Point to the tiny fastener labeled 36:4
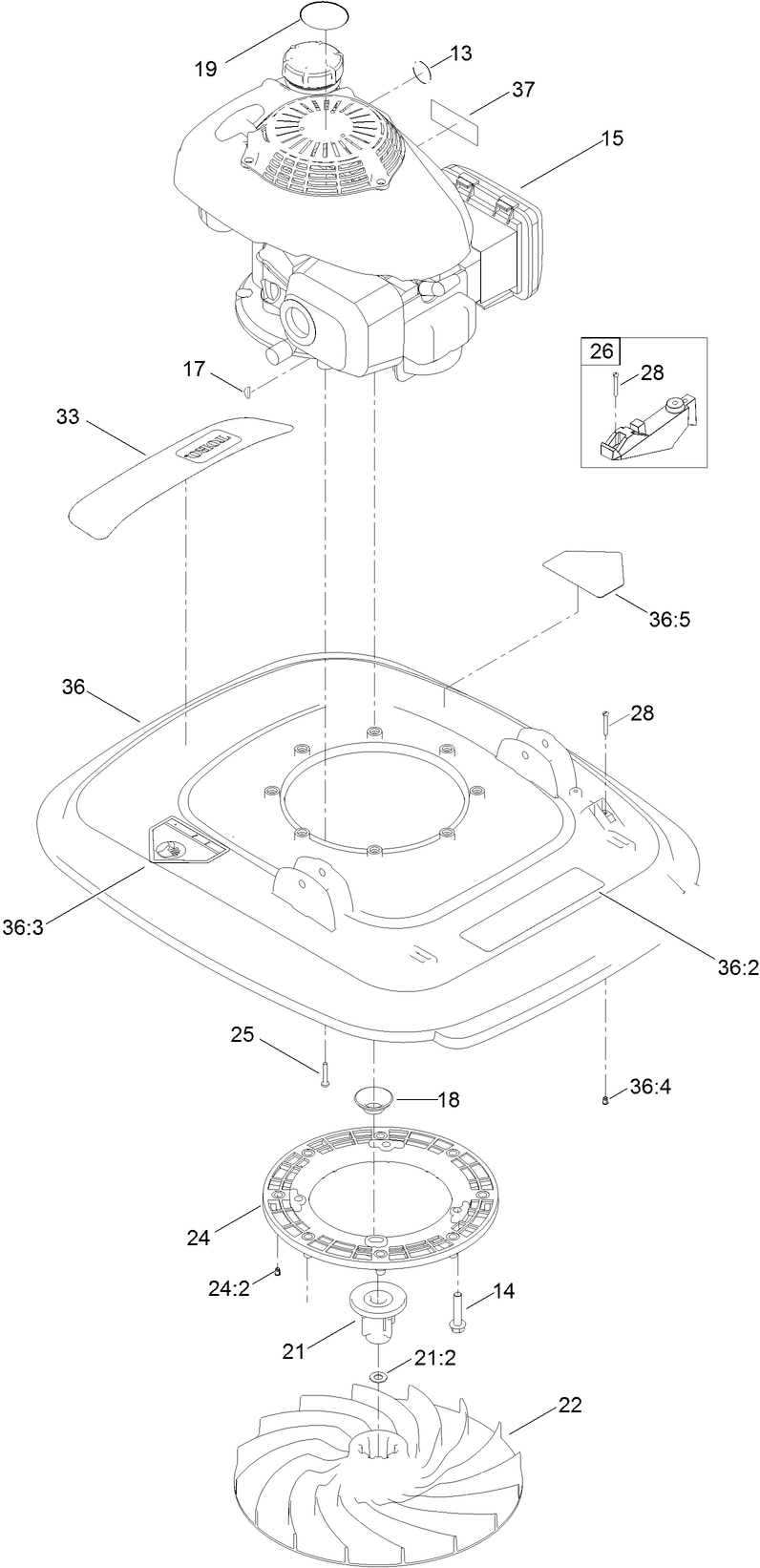click(606, 1102)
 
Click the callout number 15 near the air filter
click(611, 138)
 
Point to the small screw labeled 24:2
click(277, 1270)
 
